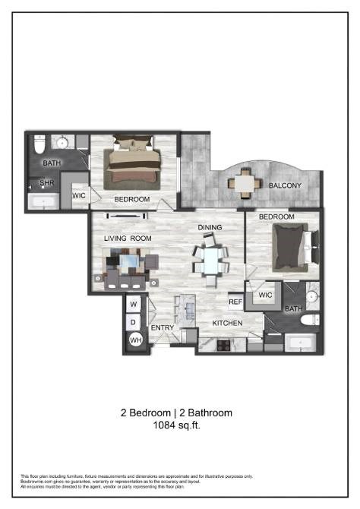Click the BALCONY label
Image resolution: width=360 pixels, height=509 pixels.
pyautogui.click(x=285, y=185)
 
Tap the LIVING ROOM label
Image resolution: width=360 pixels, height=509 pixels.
pyautogui.click(x=128, y=239)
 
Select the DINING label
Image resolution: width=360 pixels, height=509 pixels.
pyautogui.click(x=209, y=228)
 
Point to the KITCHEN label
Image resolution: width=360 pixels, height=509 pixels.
pyautogui.click(x=227, y=323)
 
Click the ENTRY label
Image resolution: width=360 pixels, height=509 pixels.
pyautogui.click(x=163, y=328)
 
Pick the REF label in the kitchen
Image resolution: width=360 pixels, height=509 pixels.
pyautogui.click(x=235, y=302)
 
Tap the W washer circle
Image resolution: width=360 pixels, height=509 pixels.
pyautogui.click(x=134, y=305)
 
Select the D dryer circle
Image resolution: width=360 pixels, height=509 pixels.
pyautogui.click(x=134, y=322)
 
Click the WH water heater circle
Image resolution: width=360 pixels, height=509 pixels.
pyautogui.click(x=134, y=340)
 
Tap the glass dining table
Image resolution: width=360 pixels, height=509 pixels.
pyautogui.click(x=209, y=258)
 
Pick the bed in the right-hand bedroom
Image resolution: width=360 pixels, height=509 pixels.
pyautogui.click(x=292, y=248)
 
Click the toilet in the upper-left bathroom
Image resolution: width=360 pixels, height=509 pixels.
pyautogui.click(x=41, y=143)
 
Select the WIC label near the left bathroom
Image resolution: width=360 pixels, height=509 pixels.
pyautogui.click(x=79, y=195)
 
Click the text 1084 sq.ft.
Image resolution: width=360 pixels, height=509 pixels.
pyautogui.click(x=176, y=426)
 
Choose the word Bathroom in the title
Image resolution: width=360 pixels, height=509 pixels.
pyautogui.click(x=207, y=413)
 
